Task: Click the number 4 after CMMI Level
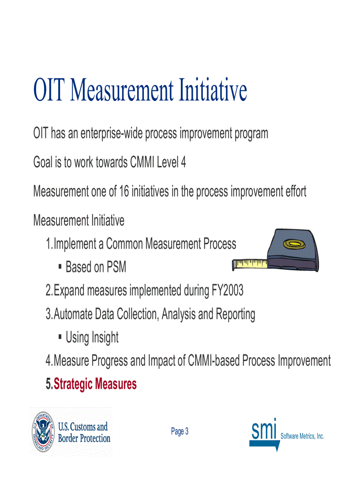tap(184, 162)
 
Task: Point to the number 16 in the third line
tap(124, 191)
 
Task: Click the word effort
tap(296, 191)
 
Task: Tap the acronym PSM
tap(116, 267)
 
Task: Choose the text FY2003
tap(227, 290)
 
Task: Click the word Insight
tap(105, 338)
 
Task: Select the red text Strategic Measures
tap(95, 384)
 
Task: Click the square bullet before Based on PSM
tap(60, 267)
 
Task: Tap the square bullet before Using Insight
tap(60, 337)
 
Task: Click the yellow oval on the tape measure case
tap(294, 244)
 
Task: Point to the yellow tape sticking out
tap(250, 264)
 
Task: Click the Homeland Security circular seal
tap(43, 432)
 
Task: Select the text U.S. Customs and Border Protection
tap(84, 432)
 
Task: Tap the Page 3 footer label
tap(180, 431)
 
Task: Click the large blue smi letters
tap(264, 429)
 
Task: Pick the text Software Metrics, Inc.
tap(302, 436)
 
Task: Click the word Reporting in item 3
tap(236, 314)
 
